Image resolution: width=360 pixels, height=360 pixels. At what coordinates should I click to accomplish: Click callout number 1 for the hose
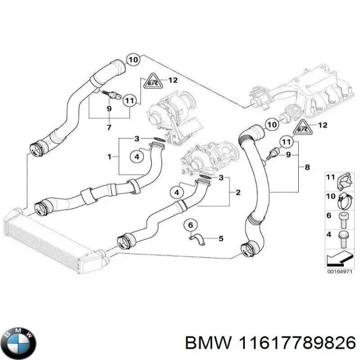coord(109,157)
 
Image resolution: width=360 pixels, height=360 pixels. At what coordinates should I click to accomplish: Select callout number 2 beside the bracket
coord(238,192)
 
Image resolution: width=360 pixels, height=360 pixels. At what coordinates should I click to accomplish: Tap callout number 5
coord(220,238)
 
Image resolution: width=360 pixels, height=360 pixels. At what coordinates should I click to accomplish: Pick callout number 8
coord(307,167)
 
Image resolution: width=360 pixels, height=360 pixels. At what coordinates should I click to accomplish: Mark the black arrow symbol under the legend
coord(338,258)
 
